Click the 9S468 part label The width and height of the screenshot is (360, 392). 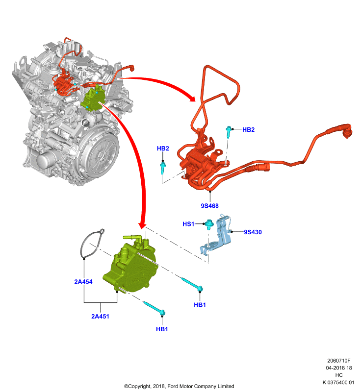(x=209, y=206)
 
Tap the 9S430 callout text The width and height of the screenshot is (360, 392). (x=253, y=232)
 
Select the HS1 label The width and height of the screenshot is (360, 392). (x=188, y=224)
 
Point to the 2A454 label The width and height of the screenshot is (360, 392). (x=83, y=282)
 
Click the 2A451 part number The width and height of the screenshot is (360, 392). (x=101, y=316)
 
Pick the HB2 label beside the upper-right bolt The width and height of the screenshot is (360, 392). (x=249, y=129)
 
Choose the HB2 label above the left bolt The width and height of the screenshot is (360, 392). (x=163, y=148)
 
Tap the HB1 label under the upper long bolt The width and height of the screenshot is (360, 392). (x=200, y=305)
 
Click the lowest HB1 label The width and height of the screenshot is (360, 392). (x=162, y=329)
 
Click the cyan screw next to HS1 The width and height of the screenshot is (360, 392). (x=208, y=224)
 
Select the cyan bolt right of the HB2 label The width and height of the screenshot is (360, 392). (x=229, y=131)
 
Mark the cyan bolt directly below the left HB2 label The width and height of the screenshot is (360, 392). (x=163, y=168)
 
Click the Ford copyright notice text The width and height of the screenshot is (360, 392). (x=179, y=386)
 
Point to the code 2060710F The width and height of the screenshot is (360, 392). (x=339, y=361)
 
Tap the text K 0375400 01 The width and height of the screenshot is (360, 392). (x=338, y=382)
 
